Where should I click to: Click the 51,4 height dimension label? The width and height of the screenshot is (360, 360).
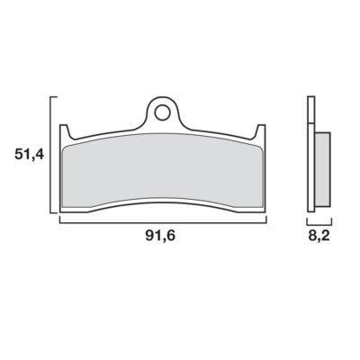pos(29,155)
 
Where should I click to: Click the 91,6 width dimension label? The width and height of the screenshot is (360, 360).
pos(160,236)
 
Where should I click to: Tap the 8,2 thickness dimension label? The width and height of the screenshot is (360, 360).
pos(319,236)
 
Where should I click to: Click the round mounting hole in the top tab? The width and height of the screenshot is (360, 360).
pos(161,112)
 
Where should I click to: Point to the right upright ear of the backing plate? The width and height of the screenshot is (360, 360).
pos(261,132)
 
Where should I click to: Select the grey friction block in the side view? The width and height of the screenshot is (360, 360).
pos(322,169)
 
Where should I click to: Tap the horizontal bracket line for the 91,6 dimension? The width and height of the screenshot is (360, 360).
pos(163,222)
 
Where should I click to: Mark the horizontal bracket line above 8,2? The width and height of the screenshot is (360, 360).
pos(319,224)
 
